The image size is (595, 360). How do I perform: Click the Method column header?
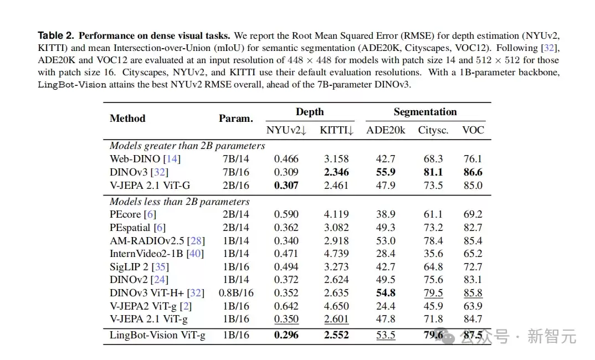pyautogui.click(x=127, y=119)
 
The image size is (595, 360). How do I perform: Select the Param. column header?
pyautogui.click(x=236, y=119)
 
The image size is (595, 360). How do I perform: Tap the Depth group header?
pyautogui.click(x=310, y=112)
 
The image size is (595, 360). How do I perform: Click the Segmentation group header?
pyautogui.click(x=425, y=112)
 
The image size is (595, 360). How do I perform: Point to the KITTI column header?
pyautogui.click(x=337, y=130)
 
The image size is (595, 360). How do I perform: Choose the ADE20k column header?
pyautogui.click(x=386, y=130)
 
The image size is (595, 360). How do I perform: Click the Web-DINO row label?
pyautogui.click(x=135, y=158)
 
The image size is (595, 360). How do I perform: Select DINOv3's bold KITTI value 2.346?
pyautogui.click(x=336, y=172)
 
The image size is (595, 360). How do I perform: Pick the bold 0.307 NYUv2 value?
pyautogui.click(x=286, y=185)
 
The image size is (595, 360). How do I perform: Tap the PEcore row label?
pyautogui.click(x=125, y=214)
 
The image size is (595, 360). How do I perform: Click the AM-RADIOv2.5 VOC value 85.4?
pyautogui.click(x=473, y=240)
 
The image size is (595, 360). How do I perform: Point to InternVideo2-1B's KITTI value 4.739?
pyautogui.click(x=336, y=254)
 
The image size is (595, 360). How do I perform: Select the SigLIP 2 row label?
pyautogui.click(x=129, y=267)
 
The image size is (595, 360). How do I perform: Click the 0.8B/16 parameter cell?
pyautogui.click(x=236, y=293)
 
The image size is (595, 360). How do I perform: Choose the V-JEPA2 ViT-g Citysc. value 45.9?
pyautogui.click(x=433, y=306)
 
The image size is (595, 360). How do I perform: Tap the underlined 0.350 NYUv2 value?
pyautogui.click(x=286, y=319)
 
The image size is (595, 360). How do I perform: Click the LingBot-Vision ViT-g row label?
pyautogui.click(x=157, y=335)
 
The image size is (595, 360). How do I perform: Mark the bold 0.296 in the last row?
pyautogui.click(x=286, y=335)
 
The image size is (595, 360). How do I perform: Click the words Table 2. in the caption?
pyautogui.click(x=56, y=35)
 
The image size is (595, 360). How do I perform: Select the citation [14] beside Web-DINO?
pyautogui.click(x=172, y=158)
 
